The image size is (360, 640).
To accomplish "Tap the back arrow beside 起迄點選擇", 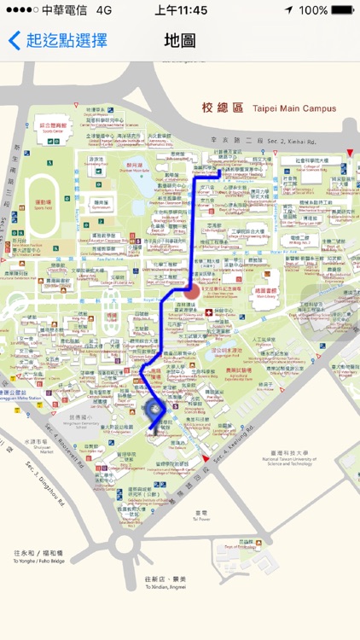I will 14,40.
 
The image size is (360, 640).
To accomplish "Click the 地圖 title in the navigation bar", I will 179,40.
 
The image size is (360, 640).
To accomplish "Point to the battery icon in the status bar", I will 342,10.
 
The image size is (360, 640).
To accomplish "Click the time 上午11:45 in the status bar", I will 181,10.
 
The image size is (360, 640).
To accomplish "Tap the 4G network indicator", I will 105,10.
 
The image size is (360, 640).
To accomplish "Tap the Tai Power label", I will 200,516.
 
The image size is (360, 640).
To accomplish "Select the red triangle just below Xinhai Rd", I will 348,153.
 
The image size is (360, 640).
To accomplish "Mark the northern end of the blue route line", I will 220,172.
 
